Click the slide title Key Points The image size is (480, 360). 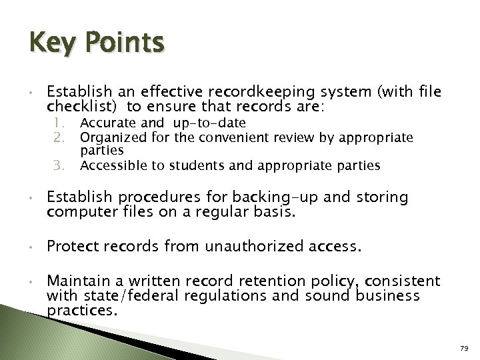pyautogui.click(x=96, y=44)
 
